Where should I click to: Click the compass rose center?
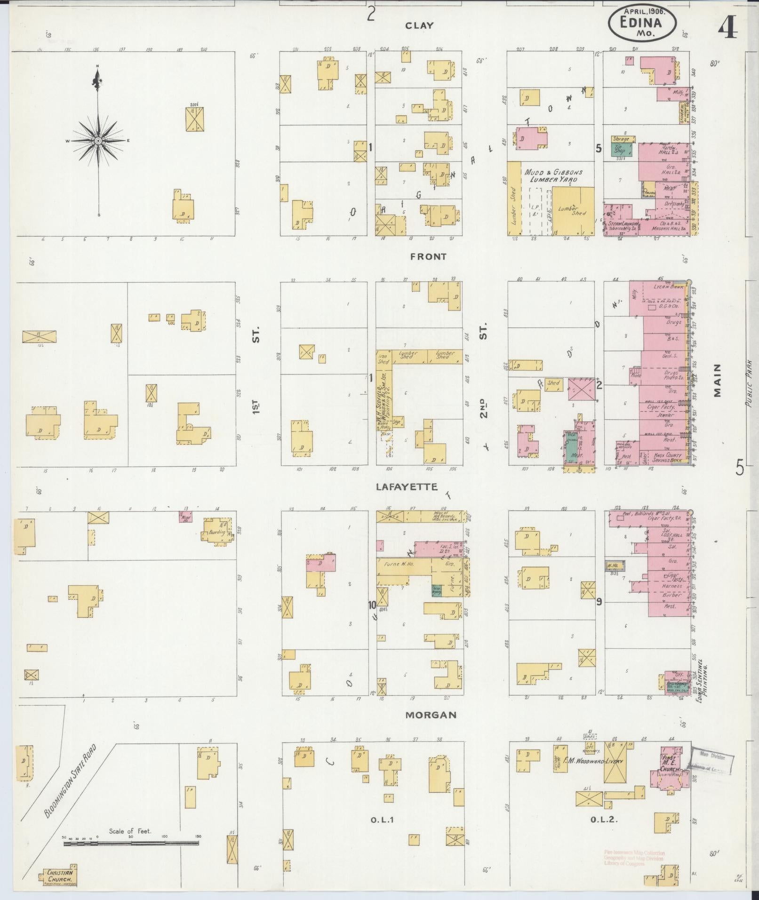coord(98,141)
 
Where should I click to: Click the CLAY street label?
coord(419,26)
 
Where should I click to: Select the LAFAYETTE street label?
coord(407,487)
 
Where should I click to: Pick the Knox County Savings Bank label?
coord(664,457)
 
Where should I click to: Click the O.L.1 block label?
coord(382,820)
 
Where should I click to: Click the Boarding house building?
coord(216,533)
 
